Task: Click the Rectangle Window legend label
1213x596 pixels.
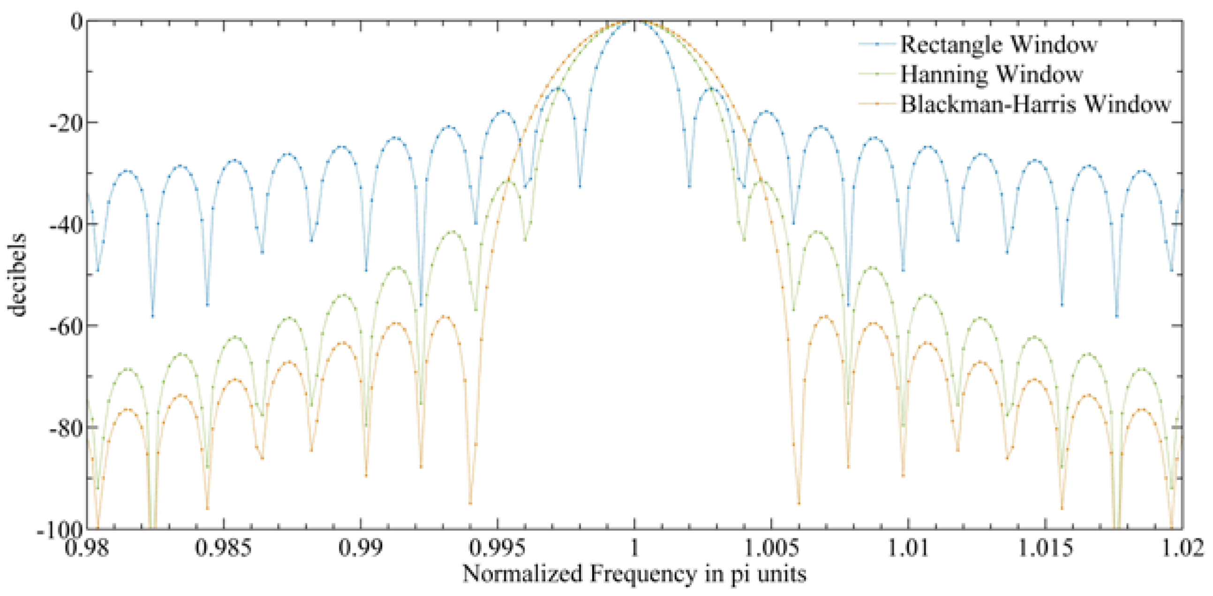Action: [998, 45]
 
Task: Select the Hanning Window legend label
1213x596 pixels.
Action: [991, 75]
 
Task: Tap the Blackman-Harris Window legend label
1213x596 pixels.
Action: [1035, 104]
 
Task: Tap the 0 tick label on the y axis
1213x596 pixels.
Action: [76, 22]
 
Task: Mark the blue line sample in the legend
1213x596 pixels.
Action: [876, 44]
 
